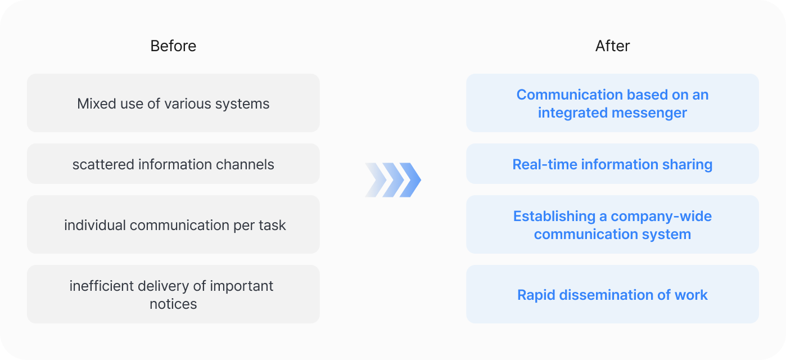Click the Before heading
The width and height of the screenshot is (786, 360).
point(173,46)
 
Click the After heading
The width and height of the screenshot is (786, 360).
point(612,46)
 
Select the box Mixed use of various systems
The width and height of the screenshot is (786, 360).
point(173,103)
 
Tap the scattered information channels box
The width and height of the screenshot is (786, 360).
point(173,164)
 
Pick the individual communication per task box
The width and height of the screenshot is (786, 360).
point(173,224)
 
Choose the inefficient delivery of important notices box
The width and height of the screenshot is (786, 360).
point(173,294)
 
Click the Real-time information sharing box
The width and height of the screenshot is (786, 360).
point(612,164)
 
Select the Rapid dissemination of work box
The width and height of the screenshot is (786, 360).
point(612,294)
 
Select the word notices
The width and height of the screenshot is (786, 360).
point(173,304)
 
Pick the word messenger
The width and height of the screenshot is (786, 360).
point(649,113)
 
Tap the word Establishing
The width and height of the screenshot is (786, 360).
point(554,217)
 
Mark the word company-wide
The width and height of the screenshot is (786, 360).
point(661,217)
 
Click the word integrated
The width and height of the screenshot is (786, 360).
point(573,113)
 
